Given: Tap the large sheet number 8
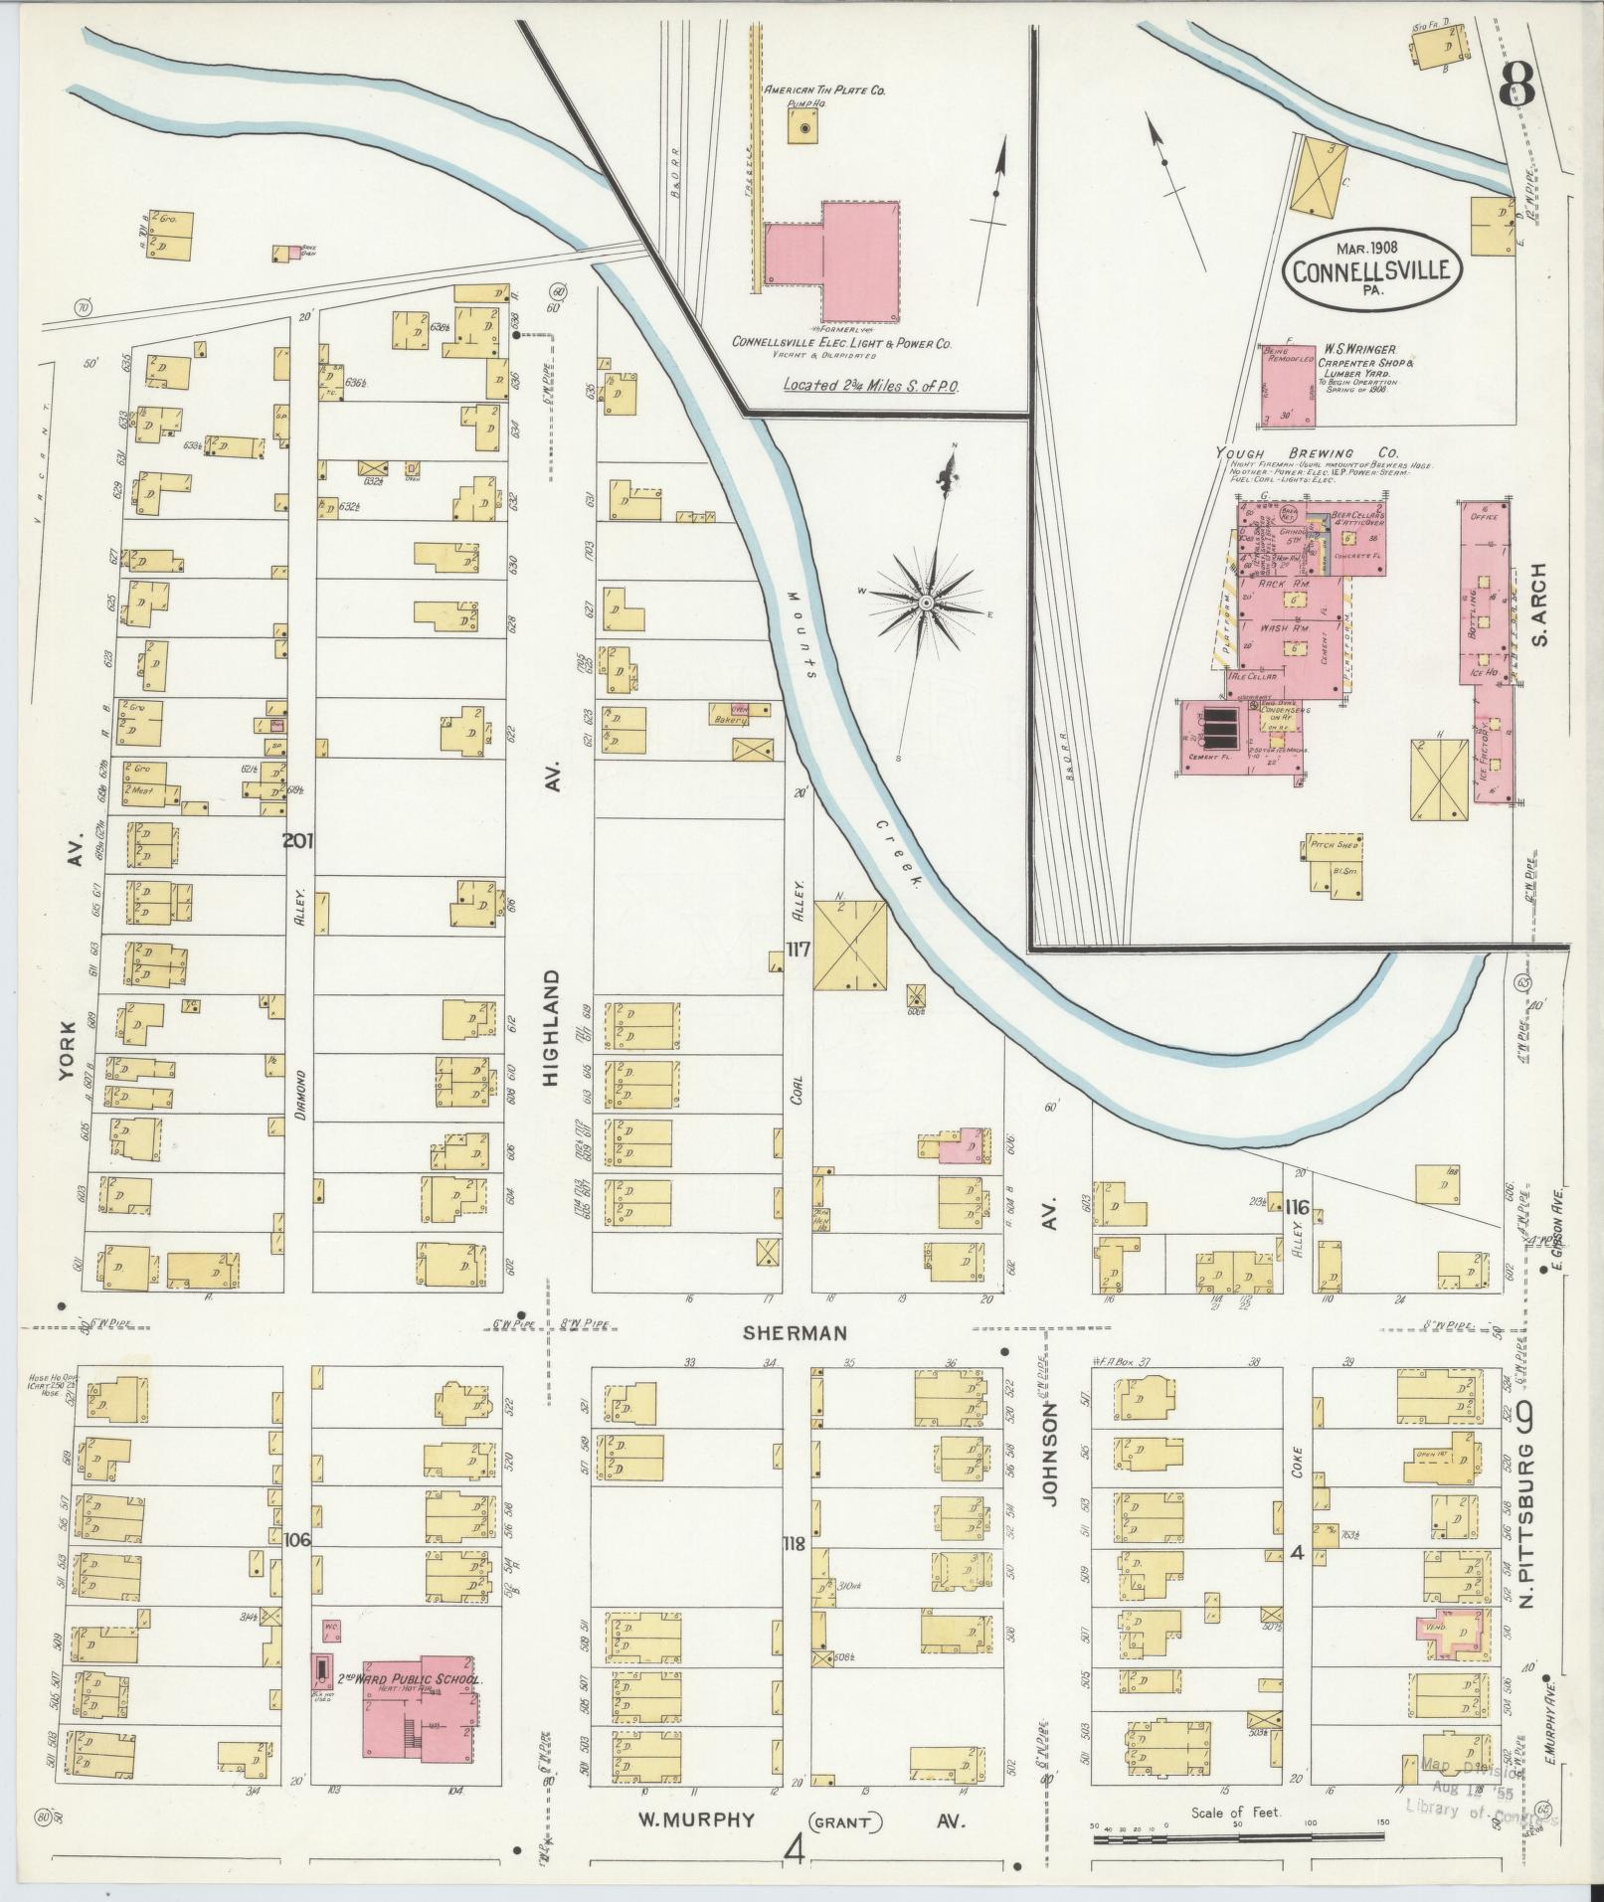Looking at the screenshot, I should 1516,86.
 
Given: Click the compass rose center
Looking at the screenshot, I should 926,604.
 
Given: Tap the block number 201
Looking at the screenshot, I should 297,842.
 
